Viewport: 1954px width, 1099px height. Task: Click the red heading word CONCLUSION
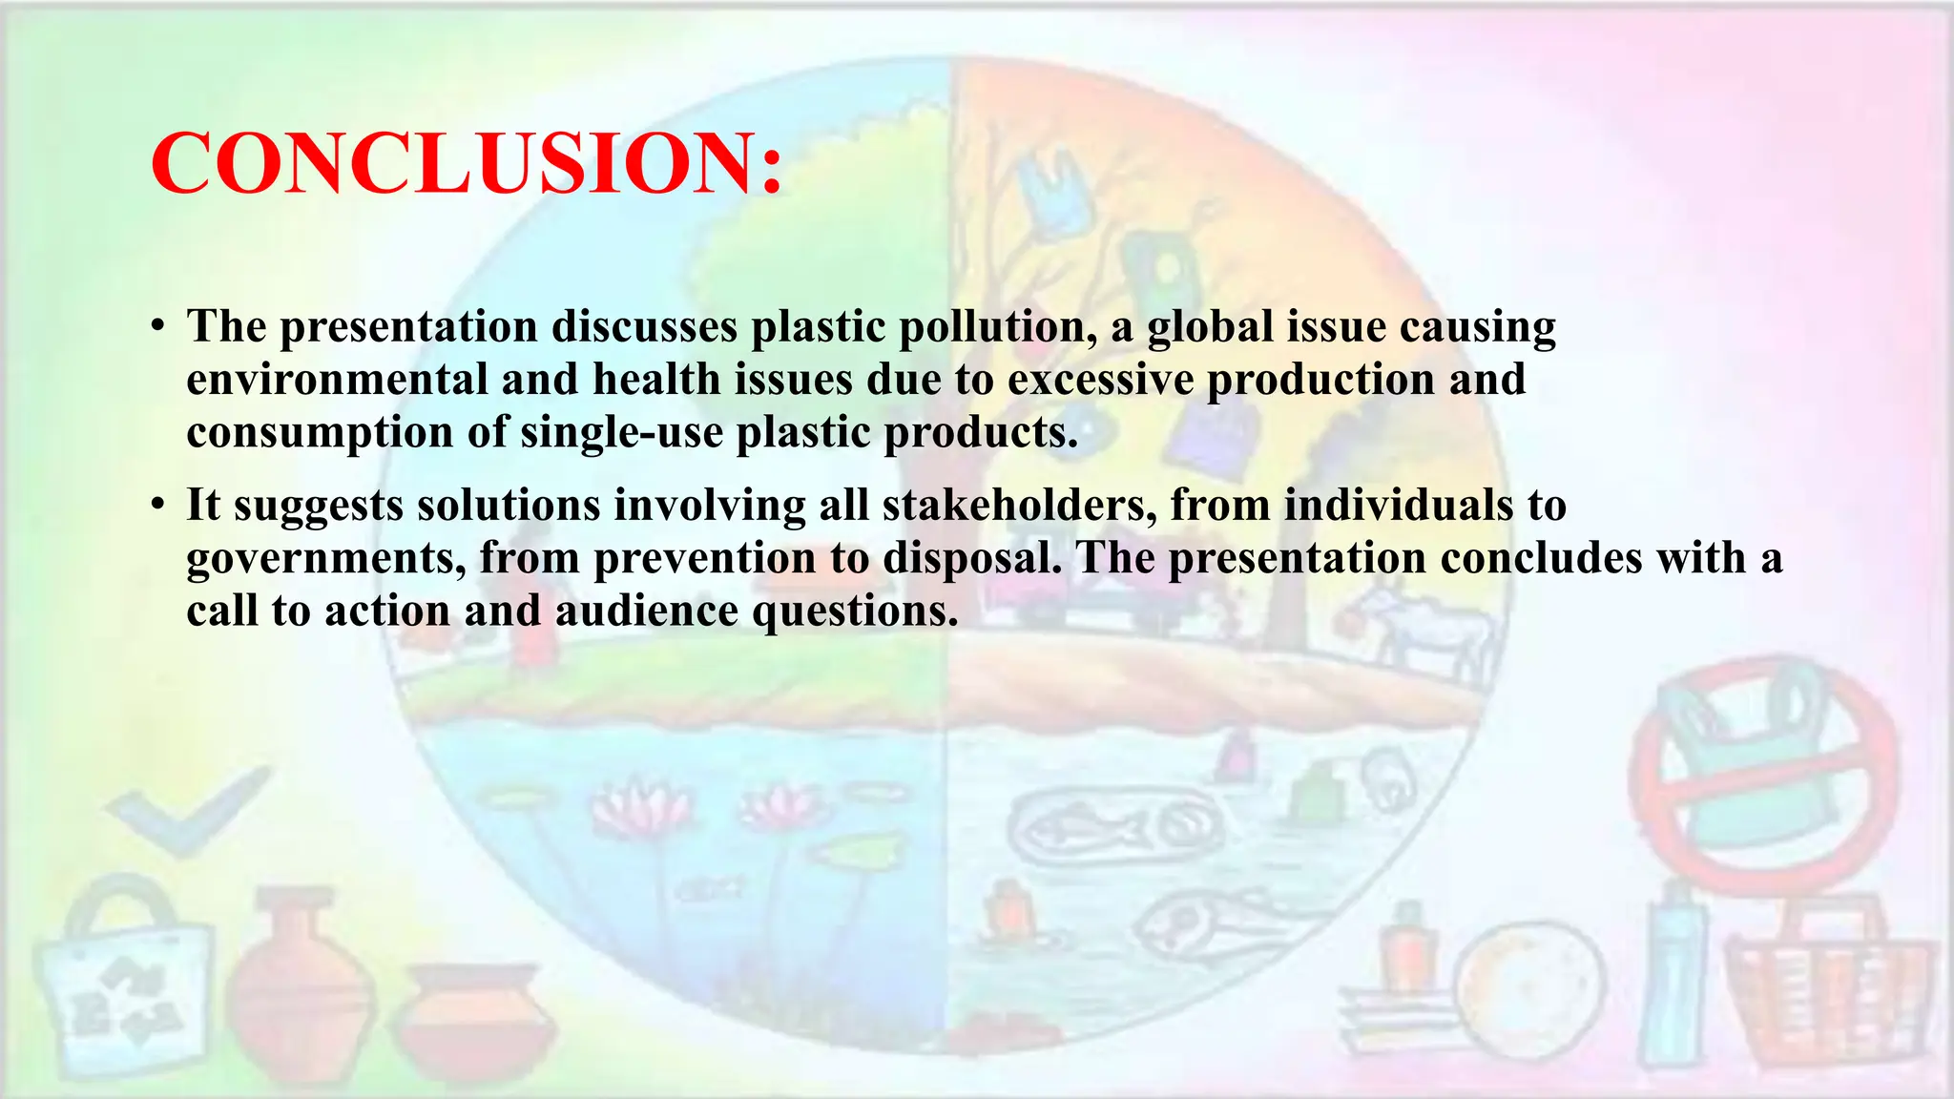(x=466, y=163)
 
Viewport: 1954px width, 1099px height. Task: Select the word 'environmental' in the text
(x=337, y=380)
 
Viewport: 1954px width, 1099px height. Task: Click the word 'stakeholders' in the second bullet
(x=1019, y=505)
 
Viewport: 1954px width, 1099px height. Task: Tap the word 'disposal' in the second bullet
(x=971, y=558)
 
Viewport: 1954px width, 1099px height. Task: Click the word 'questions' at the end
(x=854, y=611)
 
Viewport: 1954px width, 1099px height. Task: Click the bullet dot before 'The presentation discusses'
(x=157, y=327)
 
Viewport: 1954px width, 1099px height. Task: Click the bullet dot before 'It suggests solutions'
(x=157, y=506)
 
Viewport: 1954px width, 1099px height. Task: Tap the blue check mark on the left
(x=186, y=811)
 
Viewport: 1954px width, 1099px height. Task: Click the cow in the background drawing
(x=1422, y=630)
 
